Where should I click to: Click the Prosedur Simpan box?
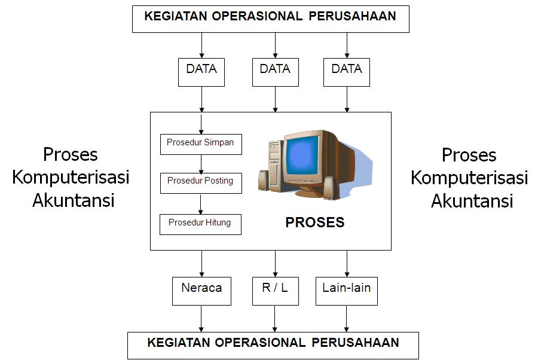tap(201, 144)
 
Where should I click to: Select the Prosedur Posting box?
tap(201, 182)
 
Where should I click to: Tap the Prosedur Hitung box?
tap(200, 224)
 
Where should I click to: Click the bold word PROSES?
tap(314, 223)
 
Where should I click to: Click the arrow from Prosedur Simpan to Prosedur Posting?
tap(201, 163)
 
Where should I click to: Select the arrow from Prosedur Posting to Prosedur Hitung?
tap(201, 203)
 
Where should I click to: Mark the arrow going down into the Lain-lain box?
tap(347, 263)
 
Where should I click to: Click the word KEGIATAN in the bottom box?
tap(177, 343)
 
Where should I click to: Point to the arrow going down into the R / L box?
tap(275, 263)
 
